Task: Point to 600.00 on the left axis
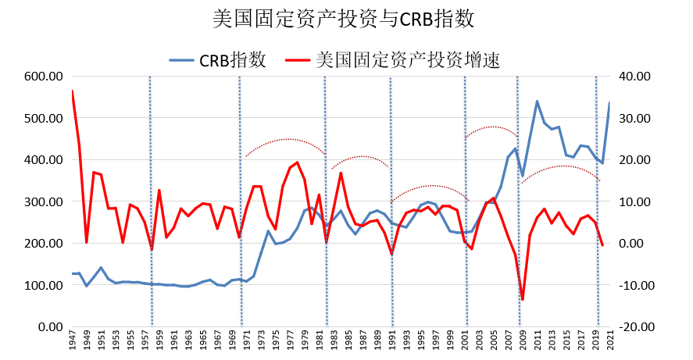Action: pyautogui.click(x=44, y=77)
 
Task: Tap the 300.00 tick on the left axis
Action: pyautogui.click(x=44, y=201)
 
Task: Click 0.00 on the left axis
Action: pyautogui.click(x=48, y=326)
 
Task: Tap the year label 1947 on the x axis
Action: pyautogui.click(x=72, y=342)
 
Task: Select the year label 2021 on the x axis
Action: pyautogui.click(x=609, y=342)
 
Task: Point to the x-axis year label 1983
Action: pyautogui.click(x=334, y=342)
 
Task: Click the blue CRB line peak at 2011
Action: pyautogui.click(x=537, y=102)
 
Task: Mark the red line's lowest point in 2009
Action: pyautogui.click(x=522, y=299)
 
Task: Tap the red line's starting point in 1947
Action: pyautogui.click(x=72, y=91)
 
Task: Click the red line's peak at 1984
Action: pyautogui.click(x=341, y=173)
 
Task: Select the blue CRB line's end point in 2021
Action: pyautogui.click(x=609, y=103)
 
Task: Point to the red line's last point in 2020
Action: pyautogui.click(x=602, y=245)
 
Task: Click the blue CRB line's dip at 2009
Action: pyautogui.click(x=522, y=176)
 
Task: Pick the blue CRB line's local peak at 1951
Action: pyautogui.click(x=101, y=267)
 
